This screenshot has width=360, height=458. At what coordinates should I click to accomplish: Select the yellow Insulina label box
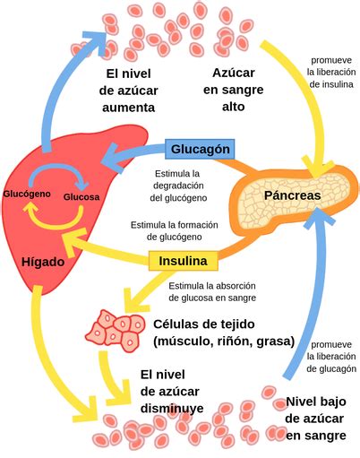(184, 261)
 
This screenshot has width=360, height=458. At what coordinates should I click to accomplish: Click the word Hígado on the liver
(44, 262)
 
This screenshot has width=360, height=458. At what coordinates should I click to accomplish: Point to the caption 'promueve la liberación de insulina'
(330, 70)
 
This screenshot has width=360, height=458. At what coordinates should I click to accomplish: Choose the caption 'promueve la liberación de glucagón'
(330, 356)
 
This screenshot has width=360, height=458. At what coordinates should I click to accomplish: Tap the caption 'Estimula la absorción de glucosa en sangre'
(211, 291)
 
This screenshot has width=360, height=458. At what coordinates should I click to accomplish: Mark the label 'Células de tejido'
(204, 324)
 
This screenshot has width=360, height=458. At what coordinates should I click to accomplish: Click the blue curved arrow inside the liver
(56, 172)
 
